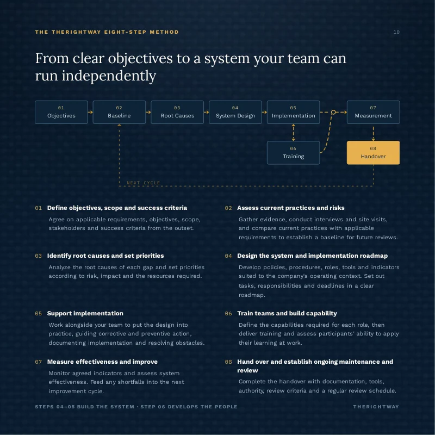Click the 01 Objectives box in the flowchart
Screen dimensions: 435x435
coord(61,112)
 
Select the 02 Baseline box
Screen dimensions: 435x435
coord(119,112)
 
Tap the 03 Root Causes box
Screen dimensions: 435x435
coord(177,112)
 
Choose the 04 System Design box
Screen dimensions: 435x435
coord(235,112)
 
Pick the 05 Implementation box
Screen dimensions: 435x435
coord(293,112)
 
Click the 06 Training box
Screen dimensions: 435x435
coord(293,153)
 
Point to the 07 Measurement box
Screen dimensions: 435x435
coord(373,112)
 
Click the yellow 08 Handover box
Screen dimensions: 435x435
coord(373,153)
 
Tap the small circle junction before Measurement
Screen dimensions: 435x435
coord(333,112)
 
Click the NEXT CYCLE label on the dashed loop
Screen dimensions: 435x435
coord(144,183)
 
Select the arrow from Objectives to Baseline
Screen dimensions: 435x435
coord(90,113)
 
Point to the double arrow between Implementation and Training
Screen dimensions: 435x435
coord(293,133)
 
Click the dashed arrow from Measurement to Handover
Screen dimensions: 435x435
coord(373,134)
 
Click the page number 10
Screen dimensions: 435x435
coord(396,32)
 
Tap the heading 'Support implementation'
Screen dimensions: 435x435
coord(85,313)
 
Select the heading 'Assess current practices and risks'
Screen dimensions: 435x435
coord(291,208)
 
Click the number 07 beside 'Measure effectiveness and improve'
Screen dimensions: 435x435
coord(38,362)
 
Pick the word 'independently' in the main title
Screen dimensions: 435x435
coord(109,76)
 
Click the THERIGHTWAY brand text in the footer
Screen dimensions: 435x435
coord(376,407)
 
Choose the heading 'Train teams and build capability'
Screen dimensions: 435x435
coord(287,313)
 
